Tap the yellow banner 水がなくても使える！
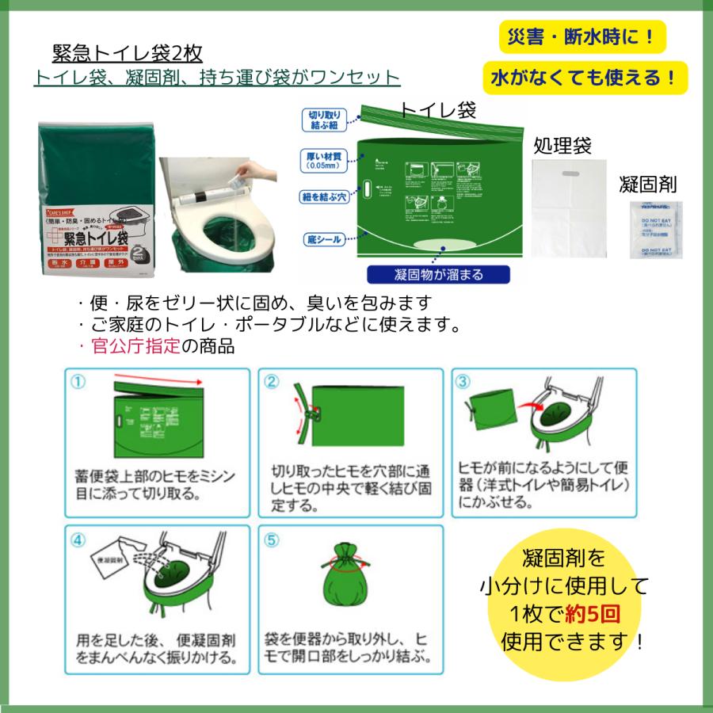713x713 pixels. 585,78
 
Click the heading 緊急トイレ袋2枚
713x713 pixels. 127,53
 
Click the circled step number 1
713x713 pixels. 77,381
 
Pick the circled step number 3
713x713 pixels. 463,381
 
